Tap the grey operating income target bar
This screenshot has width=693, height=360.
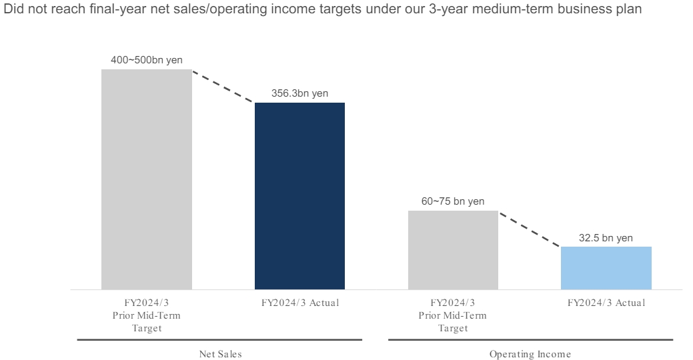click(x=453, y=250)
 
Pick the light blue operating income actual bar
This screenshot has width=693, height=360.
click(x=606, y=267)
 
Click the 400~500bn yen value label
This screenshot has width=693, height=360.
click(x=146, y=60)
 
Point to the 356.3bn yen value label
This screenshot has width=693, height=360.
click(x=299, y=93)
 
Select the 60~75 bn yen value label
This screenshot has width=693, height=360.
click(x=453, y=201)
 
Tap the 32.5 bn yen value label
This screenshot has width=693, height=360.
click(x=606, y=237)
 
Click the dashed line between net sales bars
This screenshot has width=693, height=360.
click(x=223, y=86)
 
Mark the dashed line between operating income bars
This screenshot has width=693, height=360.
click(x=530, y=229)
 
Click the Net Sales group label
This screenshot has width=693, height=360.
click(x=220, y=354)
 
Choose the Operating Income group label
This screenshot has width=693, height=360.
click(x=530, y=354)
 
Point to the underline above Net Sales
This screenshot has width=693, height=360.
click(x=219, y=340)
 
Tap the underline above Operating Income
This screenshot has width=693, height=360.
click(x=530, y=340)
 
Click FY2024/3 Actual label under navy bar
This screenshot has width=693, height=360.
click(x=300, y=303)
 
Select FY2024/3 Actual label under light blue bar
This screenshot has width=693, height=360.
click(x=606, y=303)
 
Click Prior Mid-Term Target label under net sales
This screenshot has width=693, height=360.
click(x=146, y=315)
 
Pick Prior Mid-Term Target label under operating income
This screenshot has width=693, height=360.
click(x=453, y=315)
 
